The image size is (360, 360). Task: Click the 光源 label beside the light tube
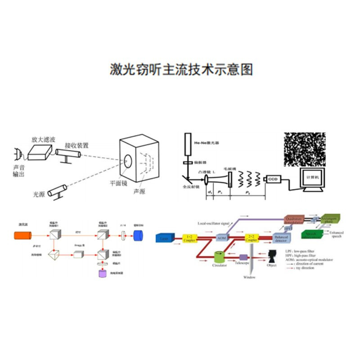click(x=39, y=194)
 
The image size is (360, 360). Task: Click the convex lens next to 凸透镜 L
click(x=206, y=180)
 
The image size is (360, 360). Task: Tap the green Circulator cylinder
click(x=220, y=257)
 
